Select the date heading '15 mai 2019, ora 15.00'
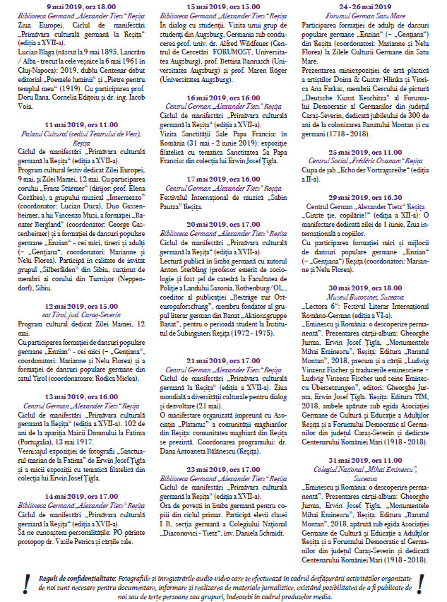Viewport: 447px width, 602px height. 223,7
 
